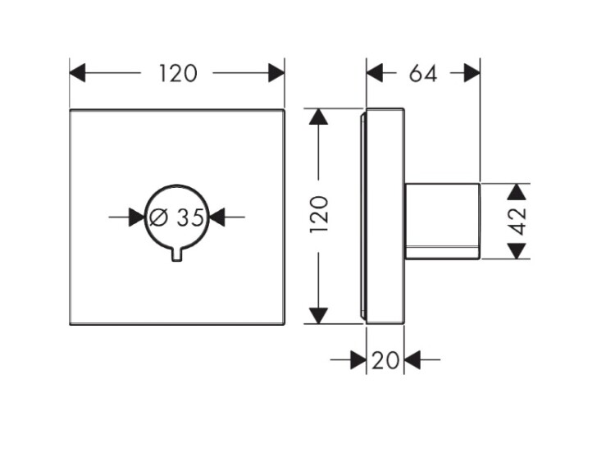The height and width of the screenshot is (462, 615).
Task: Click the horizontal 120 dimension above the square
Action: (x=178, y=74)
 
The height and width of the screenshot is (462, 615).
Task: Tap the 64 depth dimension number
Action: (x=422, y=74)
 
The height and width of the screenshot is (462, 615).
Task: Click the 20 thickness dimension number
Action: (x=384, y=359)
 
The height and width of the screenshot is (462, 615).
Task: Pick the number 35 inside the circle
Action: (x=189, y=217)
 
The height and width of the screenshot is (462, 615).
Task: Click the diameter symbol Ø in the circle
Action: (x=159, y=217)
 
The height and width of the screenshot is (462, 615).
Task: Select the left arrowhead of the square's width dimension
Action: (x=78, y=74)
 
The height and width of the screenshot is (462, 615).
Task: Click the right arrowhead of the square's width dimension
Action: (x=276, y=74)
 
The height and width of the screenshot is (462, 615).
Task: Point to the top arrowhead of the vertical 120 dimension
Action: (x=318, y=117)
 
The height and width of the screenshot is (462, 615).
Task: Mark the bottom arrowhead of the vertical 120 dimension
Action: (x=318, y=315)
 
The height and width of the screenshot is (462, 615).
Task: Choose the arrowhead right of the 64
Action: (x=471, y=74)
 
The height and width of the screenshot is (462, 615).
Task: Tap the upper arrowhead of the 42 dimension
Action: (x=516, y=192)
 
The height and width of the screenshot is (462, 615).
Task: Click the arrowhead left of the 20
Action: (x=358, y=359)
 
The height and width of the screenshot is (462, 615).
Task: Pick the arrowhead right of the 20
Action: (x=412, y=359)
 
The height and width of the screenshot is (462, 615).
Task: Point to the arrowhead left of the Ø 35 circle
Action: (x=137, y=217)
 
